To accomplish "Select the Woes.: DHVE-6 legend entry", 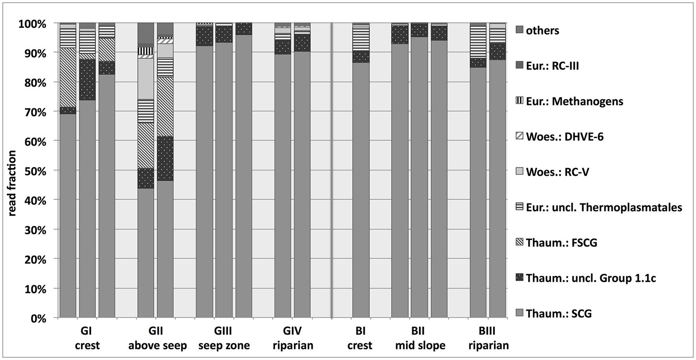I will coord(564,137).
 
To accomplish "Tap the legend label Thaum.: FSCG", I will coord(561,243).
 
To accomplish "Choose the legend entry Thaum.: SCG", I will coord(559,313).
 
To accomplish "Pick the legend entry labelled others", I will coord(542,31).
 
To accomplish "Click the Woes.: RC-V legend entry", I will coord(557,172).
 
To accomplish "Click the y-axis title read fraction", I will coord(12,183).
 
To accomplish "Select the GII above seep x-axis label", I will coord(157,338).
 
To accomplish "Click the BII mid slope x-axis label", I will coord(420,338).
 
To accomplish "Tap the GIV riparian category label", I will coord(292,338).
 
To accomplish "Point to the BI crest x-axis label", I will coord(360,338).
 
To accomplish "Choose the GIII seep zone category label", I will coord(224,338).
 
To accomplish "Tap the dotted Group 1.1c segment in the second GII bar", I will coord(165,159).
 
